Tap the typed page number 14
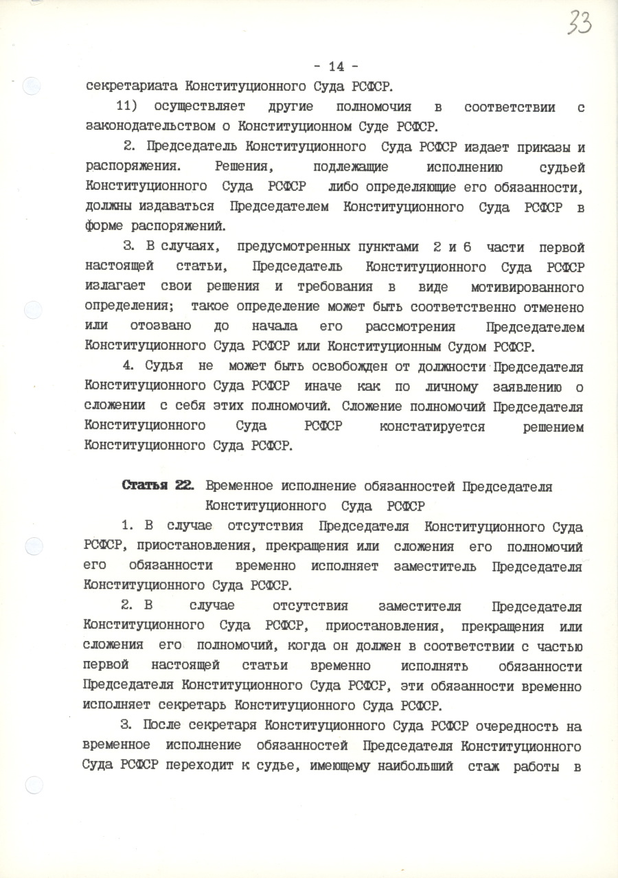[336, 67]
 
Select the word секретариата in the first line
[128, 87]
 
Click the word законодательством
[157, 127]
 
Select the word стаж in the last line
[485, 765]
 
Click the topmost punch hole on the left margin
[31, 87]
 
